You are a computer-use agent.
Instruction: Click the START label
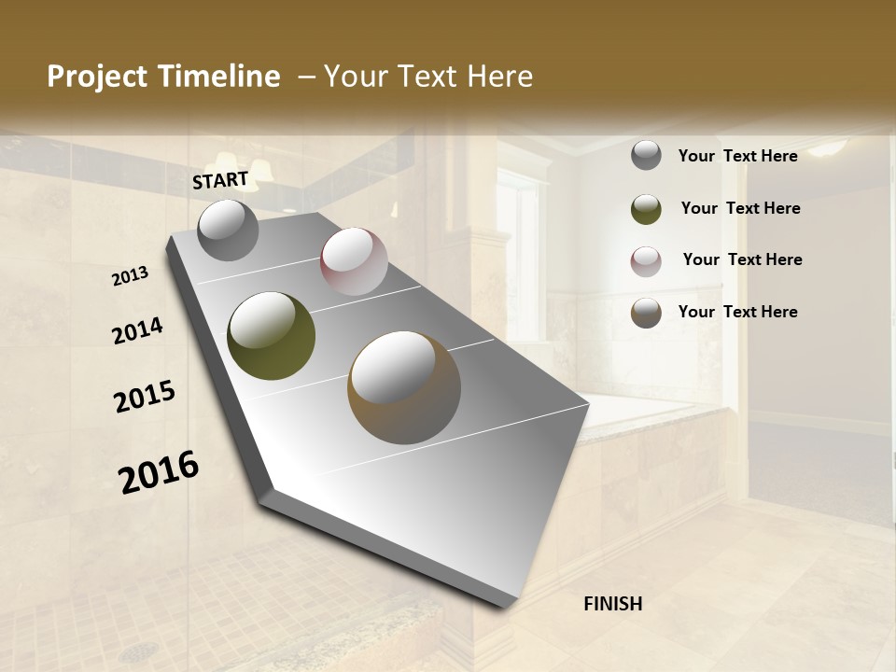pyautogui.click(x=220, y=180)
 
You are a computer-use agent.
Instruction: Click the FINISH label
pyautogui.click(x=612, y=604)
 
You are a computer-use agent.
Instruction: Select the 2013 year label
pyautogui.click(x=131, y=275)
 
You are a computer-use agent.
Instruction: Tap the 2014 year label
pyautogui.click(x=137, y=331)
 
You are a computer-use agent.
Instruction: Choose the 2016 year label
pyautogui.click(x=159, y=471)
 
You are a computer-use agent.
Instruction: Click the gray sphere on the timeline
pyautogui.click(x=228, y=230)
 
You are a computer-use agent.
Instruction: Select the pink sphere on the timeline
pyautogui.click(x=354, y=261)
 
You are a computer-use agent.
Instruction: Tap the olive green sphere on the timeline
pyautogui.click(x=272, y=336)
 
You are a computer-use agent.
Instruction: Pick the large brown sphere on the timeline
pyautogui.click(x=404, y=386)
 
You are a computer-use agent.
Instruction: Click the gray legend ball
pyautogui.click(x=646, y=155)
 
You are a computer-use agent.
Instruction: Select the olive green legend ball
pyautogui.click(x=646, y=209)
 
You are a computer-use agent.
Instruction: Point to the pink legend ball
pyautogui.click(x=646, y=261)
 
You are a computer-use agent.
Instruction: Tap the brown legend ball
pyautogui.click(x=646, y=313)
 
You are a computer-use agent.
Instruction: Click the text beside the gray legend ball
pyautogui.click(x=737, y=156)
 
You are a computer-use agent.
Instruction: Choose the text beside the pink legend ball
pyautogui.click(x=742, y=259)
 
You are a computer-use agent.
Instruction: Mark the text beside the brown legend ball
pyautogui.click(x=737, y=312)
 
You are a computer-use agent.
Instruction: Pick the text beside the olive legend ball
pyautogui.click(x=740, y=208)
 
